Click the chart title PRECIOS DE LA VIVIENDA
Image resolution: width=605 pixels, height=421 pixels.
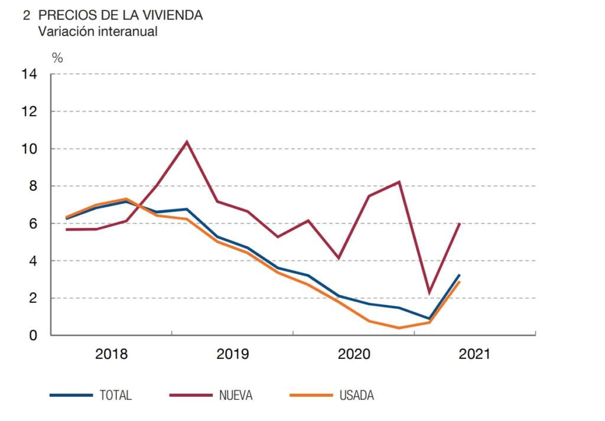point(121,15)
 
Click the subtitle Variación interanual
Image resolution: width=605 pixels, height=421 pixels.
point(98,31)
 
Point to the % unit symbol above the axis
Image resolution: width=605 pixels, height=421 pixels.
point(57,58)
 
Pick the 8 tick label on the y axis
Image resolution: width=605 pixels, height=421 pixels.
point(34,186)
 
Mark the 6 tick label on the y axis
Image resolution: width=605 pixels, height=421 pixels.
point(34,224)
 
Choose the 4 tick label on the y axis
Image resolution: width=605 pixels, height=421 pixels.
point(34,261)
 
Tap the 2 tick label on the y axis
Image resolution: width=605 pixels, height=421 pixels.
point(34,298)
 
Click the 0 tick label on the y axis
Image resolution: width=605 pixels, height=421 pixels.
point(34,335)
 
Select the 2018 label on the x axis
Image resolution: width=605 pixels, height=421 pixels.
point(112,354)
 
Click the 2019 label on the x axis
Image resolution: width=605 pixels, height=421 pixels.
point(233,354)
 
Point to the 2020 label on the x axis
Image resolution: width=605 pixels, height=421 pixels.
point(353,354)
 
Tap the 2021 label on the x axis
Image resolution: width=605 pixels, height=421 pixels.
point(474,354)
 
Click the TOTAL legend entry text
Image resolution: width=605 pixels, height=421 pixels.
point(116,395)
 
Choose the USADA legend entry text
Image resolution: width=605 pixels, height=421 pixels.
point(356,395)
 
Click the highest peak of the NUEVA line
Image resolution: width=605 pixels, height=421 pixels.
point(187,142)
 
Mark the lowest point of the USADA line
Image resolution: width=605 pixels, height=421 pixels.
point(399,328)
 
